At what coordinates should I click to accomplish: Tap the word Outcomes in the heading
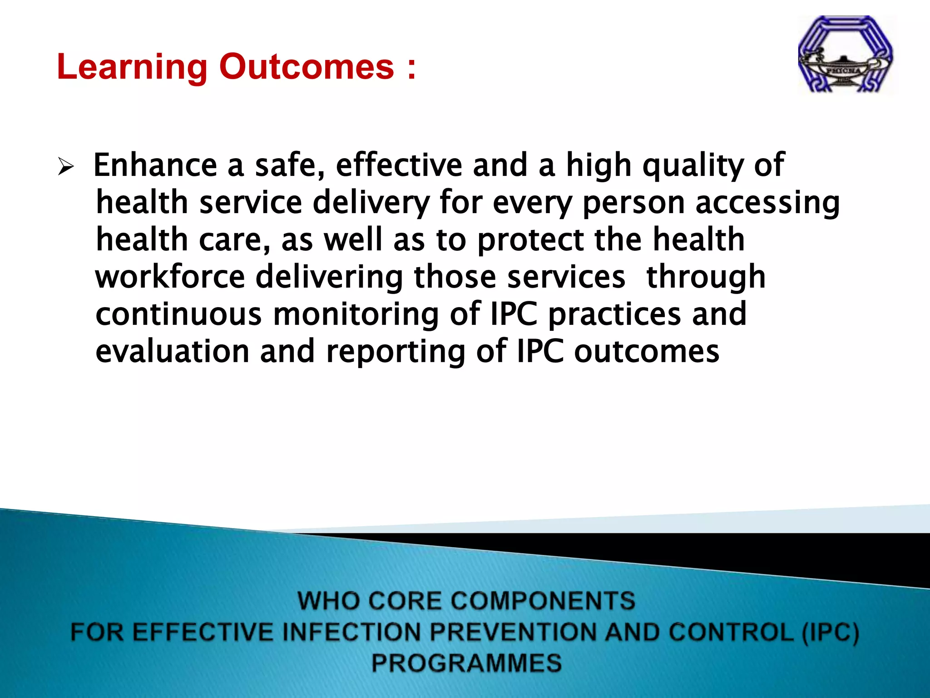pyautogui.click(x=307, y=67)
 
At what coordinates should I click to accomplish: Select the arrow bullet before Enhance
pyautogui.click(x=66, y=167)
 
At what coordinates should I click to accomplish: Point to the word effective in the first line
pyautogui.click(x=399, y=165)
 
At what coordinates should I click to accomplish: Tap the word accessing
pyautogui.click(x=767, y=204)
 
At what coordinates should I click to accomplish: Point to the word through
pyautogui.click(x=706, y=278)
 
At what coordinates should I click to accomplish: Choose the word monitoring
pyautogui.click(x=356, y=315)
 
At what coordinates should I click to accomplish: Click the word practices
pyautogui.click(x=614, y=315)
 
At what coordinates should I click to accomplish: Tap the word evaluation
pyautogui.click(x=173, y=352)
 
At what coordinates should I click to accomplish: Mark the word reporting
pyautogui.click(x=396, y=353)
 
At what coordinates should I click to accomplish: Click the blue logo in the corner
pyautogui.click(x=846, y=55)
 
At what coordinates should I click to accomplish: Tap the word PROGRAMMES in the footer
pyautogui.click(x=466, y=663)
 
